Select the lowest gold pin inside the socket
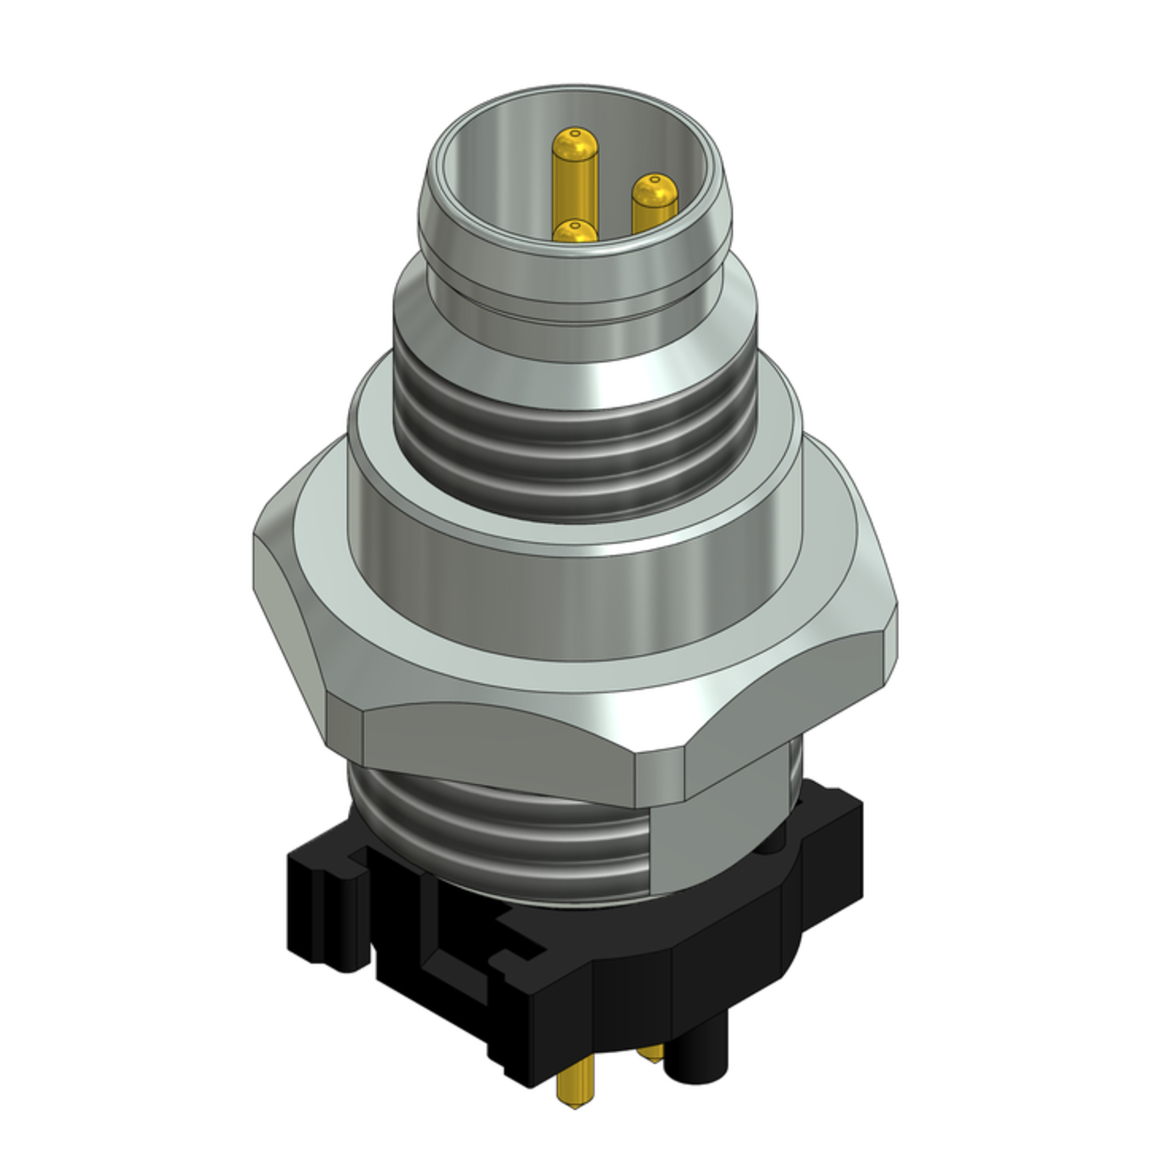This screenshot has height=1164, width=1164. click(575, 232)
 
